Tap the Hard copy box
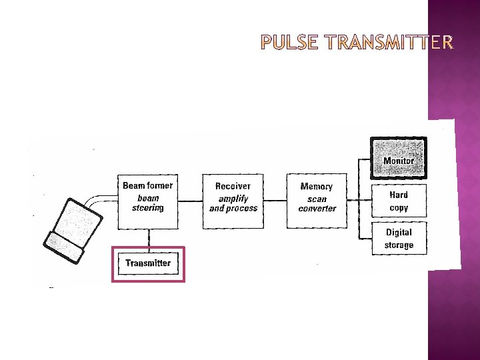click(x=399, y=201)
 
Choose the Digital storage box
click(x=399, y=239)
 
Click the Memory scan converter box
click(x=317, y=201)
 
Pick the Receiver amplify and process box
click(x=233, y=201)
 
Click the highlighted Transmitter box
click(x=148, y=263)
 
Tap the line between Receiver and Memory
click(x=275, y=201)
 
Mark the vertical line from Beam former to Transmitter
click(x=148, y=238)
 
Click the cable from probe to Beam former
click(x=100, y=199)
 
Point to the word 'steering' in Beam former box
click(x=148, y=208)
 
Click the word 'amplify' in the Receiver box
click(x=233, y=198)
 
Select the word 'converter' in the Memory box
click(x=317, y=209)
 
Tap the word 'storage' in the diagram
click(x=399, y=245)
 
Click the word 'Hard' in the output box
click(x=399, y=195)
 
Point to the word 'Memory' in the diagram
click(x=317, y=187)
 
